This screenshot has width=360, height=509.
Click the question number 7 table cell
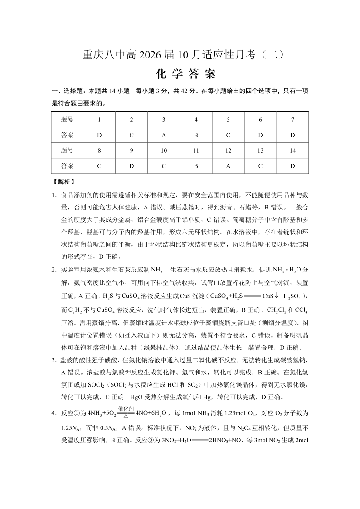[292, 120]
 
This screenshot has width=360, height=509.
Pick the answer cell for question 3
[164, 135]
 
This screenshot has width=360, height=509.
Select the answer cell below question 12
[228, 166]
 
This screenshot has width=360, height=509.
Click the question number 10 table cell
[164, 150]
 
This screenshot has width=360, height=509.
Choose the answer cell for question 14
[292, 166]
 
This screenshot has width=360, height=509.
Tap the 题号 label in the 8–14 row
[67, 150]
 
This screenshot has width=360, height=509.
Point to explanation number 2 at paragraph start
[54, 270]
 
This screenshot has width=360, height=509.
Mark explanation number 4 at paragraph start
[54, 413]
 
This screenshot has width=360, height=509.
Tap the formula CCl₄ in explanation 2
[301, 310]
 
